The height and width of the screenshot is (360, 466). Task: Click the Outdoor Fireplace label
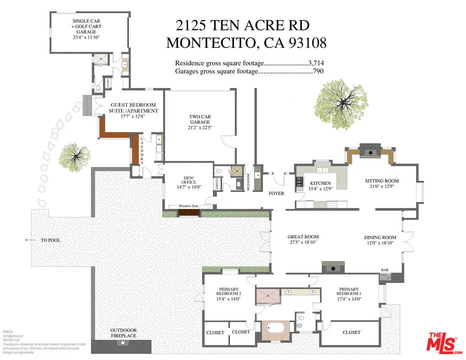coord(123,333)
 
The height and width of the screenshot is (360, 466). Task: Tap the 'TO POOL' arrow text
coord(50,240)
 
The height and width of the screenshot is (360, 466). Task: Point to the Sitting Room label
coord(381,181)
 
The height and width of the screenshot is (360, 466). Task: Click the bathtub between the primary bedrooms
coord(275,330)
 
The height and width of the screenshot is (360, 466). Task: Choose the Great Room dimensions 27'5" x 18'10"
coord(303,242)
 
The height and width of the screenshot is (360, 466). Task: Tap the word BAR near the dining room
coord(385,270)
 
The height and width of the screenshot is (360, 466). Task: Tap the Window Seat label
coord(189,206)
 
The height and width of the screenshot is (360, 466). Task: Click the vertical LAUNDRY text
coord(142,150)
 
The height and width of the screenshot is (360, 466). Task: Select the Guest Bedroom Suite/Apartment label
coord(133,108)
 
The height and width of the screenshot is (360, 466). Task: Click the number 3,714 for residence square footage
coord(316,63)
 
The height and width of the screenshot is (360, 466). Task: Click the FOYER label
coord(276,193)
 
